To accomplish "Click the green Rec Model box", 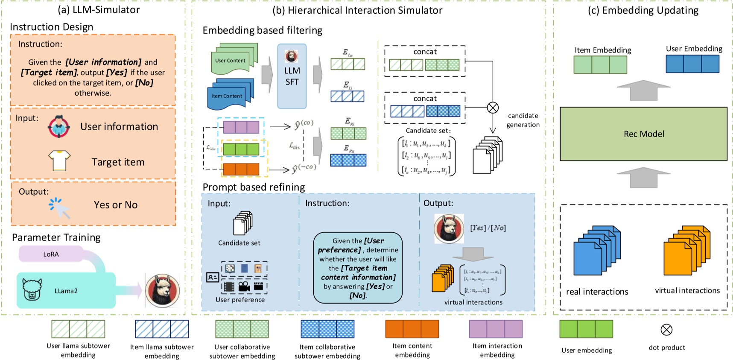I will coord(643,134).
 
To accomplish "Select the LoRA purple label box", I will coord(51,254).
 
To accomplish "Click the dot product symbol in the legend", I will coord(666,329).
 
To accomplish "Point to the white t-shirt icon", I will coord(59,161).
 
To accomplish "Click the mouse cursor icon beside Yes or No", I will coord(59,207).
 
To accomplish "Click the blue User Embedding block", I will coord(692,64).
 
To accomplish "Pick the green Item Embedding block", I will coord(600,65).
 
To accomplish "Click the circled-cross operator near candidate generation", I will coord(493,108).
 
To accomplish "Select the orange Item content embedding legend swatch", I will coord(412,329).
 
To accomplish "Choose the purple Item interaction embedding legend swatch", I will coord(496,329).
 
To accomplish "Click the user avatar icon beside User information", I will coord(59,126).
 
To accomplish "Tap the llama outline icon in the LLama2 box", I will coord(32,290).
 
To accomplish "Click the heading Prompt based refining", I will coord(254,187).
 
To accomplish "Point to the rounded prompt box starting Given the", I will coord(358,268).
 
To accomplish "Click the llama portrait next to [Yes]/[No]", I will coord(449,228).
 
